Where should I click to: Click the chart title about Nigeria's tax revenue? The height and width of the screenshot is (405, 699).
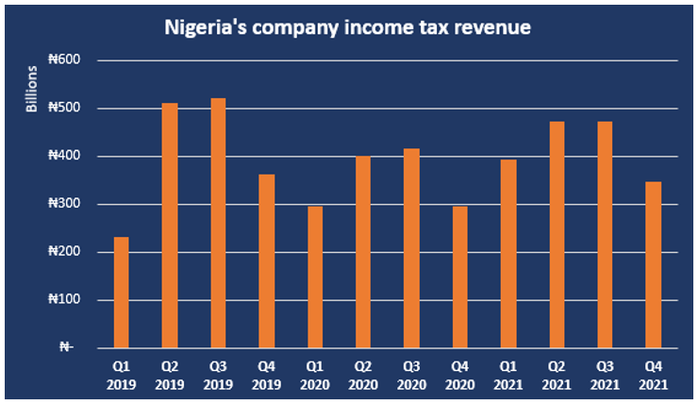tap(348, 27)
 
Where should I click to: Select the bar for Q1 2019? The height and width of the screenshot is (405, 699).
tap(121, 293)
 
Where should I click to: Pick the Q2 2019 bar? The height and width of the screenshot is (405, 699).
tap(170, 226)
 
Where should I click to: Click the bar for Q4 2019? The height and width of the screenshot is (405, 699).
tap(266, 261)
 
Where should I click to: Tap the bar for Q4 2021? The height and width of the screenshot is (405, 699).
tap(653, 264)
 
